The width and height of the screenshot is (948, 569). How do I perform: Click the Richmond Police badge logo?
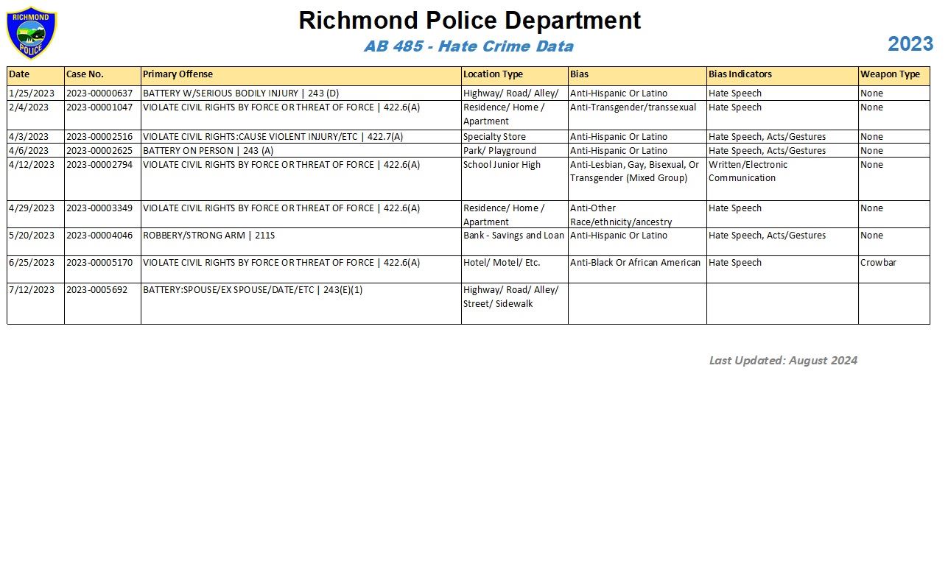coord(31,33)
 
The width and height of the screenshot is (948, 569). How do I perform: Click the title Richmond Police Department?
coord(469,20)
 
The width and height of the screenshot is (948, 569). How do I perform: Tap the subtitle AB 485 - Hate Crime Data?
coord(468,46)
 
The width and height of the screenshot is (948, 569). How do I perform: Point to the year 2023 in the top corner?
coord(910,44)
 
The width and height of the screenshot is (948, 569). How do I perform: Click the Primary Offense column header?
coord(178,74)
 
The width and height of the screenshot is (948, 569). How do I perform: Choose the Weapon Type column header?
coord(890,74)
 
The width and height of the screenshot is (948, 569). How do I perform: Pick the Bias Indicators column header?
coord(740,74)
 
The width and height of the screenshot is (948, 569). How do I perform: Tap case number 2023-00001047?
coord(99,107)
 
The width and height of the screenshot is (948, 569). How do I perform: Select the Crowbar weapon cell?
coord(878,263)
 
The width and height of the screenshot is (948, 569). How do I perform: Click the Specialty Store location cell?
coord(494,137)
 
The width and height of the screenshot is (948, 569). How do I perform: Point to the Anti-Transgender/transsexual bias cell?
coord(633,107)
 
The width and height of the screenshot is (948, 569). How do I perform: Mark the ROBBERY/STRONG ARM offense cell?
coord(208,236)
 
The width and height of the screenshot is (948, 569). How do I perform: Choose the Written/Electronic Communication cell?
coord(748,172)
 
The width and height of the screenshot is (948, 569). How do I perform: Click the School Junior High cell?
coord(502,165)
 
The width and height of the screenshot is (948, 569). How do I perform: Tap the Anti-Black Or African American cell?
coord(635,263)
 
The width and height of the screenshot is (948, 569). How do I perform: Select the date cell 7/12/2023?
coord(32,290)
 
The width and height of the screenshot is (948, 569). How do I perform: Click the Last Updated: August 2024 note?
coord(783,361)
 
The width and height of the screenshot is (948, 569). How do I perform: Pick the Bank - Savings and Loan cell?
coord(513,236)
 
